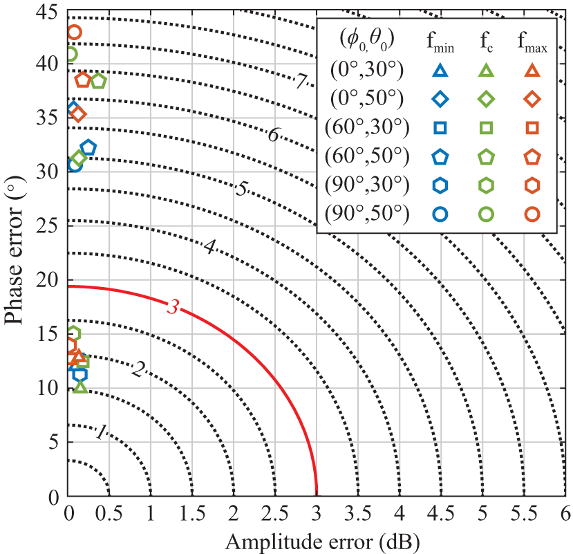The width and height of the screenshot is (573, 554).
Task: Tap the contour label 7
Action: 301,81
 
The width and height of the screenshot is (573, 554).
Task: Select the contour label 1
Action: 101,433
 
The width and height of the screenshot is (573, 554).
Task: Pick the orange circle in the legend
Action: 532,214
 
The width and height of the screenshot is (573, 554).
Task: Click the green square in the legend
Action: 486,127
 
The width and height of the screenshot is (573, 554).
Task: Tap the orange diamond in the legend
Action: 532,98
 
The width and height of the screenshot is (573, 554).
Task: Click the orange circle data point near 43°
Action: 74,32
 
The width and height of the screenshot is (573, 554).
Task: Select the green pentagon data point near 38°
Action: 98,81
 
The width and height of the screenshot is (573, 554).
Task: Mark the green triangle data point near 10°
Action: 80,387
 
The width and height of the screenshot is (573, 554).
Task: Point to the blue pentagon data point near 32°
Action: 88,147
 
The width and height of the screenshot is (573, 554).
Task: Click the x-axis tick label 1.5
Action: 192,515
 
